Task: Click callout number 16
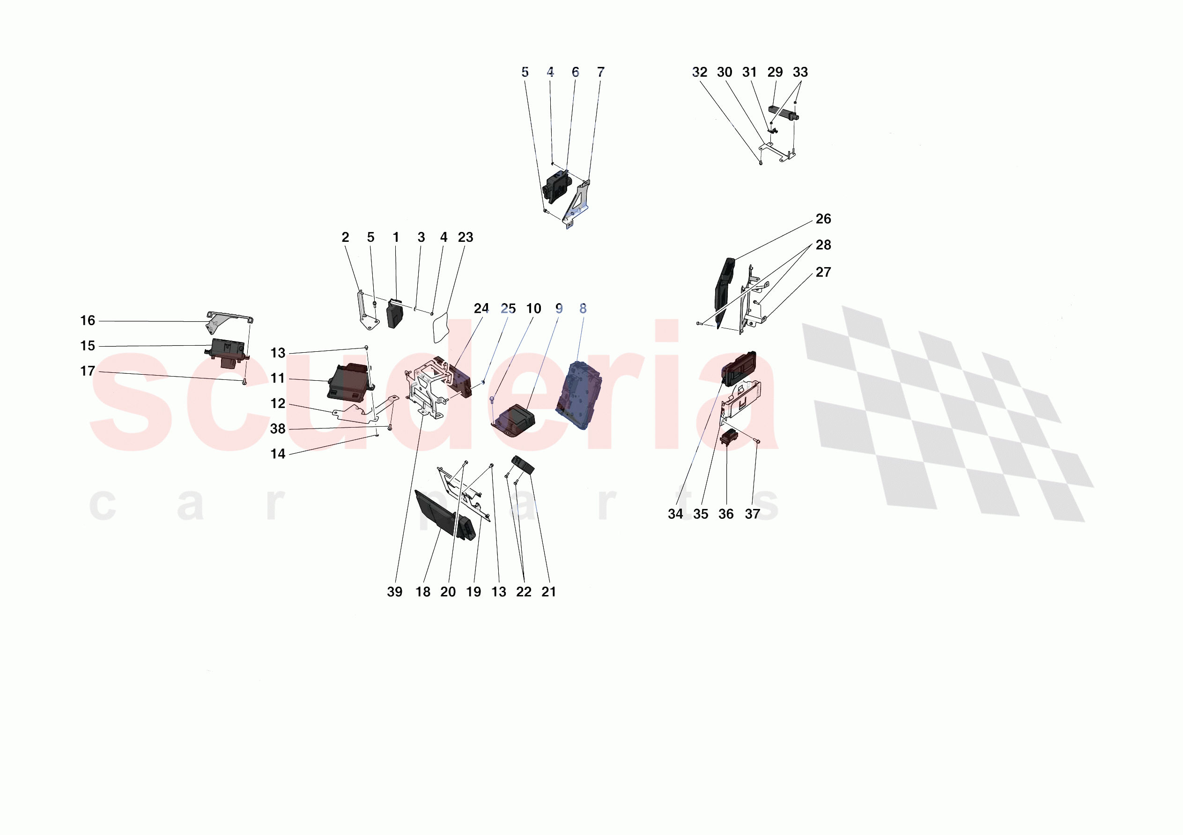tap(88, 321)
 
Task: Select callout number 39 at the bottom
tap(395, 592)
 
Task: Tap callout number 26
tap(823, 219)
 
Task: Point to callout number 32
tap(700, 72)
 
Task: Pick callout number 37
tap(753, 514)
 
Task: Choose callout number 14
tap(278, 454)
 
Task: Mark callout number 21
tap(549, 592)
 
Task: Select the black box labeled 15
tap(227, 351)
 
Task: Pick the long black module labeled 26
tap(724, 292)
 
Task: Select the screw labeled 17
tap(245, 383)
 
